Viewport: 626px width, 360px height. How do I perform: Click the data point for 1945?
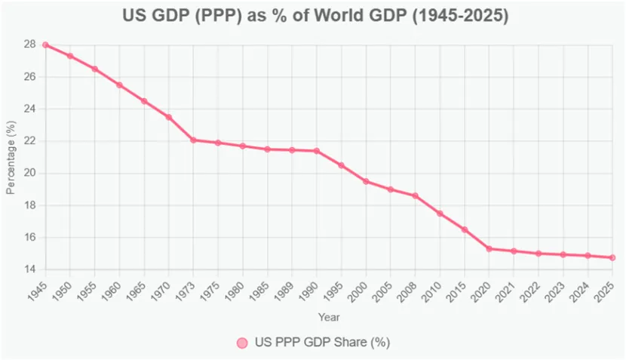tap(45, 45)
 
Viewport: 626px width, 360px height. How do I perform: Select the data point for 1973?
tap(193, 140)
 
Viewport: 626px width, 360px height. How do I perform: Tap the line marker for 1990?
tap(316, 151)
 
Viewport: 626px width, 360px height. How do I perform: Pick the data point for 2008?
tap(415, 195)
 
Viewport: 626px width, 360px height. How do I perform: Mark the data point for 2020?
tap(489, 248)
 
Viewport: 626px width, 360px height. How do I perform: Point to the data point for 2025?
tap(612, 257)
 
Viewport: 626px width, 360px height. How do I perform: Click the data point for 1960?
tap(119, 85)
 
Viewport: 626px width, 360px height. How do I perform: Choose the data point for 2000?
tap(366, 181)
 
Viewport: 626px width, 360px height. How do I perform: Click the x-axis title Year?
tap(328, 317)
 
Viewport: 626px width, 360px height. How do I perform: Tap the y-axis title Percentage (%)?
tap(10, 157)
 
